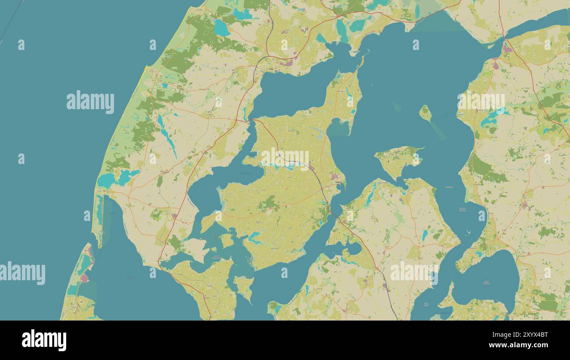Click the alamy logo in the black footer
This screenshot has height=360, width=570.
pos(44,340)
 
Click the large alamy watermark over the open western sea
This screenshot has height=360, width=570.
pos(90,102)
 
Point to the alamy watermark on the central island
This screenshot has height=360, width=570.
pos(285,159)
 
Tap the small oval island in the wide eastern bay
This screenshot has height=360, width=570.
pos(425,113)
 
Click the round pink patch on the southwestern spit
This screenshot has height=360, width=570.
pos(84,278)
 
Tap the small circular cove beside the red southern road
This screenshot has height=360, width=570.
pos(353,249)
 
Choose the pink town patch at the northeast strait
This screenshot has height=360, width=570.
pos(507,49)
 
